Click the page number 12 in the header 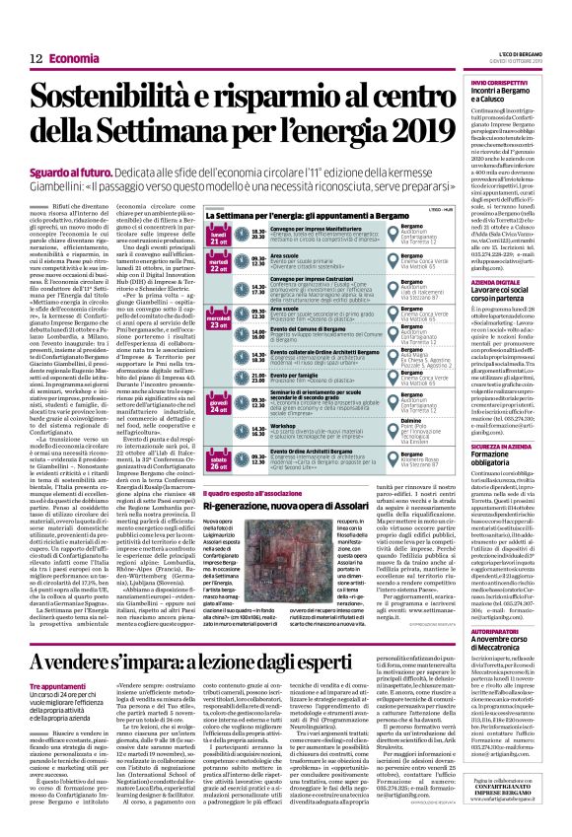click(36, 59)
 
